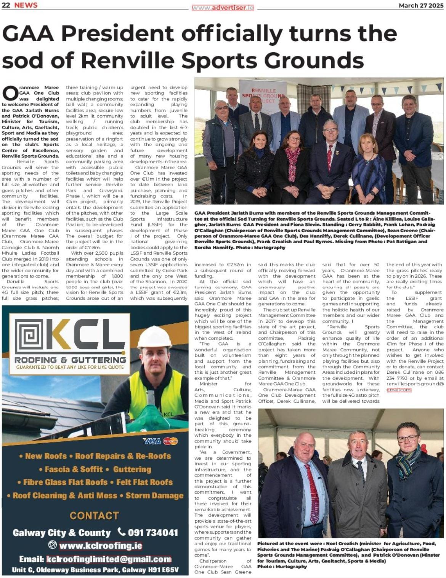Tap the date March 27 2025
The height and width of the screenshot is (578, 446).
421,5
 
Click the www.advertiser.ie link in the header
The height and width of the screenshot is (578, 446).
223,8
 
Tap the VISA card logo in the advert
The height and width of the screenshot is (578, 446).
152,441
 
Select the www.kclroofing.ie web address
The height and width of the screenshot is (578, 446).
101,546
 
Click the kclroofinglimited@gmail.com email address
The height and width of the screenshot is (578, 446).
109,559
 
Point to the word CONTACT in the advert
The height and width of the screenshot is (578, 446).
94,516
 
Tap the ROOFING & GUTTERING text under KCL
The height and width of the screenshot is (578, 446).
70,360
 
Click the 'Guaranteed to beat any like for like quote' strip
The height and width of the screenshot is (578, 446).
70,367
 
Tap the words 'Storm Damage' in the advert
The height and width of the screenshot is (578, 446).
154,496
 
